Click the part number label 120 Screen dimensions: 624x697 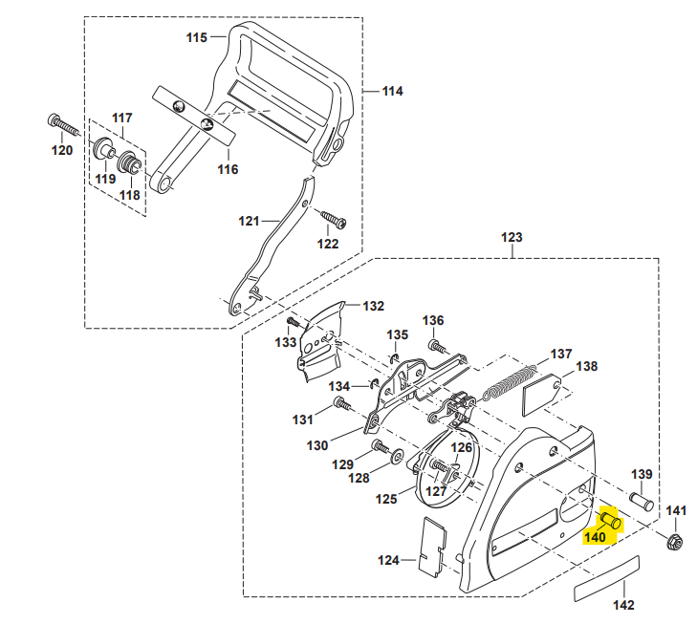click(61, 150)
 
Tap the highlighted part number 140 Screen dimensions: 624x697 click(595, 537)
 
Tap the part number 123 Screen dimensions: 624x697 click(512, 236)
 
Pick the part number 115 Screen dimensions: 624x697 click(196, 37)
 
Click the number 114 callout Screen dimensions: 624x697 click(392, 92)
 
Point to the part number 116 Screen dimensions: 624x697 click(227, 169)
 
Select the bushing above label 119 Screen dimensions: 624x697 click(99, 151)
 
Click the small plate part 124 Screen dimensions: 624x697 click(430, 545)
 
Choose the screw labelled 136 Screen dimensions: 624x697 click(436, 345)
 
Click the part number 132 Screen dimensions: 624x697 click(373, 306)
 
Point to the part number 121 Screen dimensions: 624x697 click(249, 221)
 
